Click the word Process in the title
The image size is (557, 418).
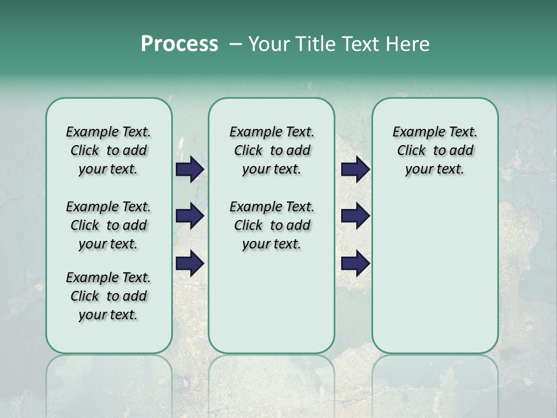[179, 44]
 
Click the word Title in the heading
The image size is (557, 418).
[314, 44]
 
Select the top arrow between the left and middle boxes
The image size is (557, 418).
[190, 170]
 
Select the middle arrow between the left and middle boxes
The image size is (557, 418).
[190, 216]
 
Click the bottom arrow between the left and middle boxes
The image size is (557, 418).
[190, 263]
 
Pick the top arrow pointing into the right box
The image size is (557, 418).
[356, 170]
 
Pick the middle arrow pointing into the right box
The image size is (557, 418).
[356, 216]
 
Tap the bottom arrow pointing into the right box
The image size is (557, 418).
[356, 263]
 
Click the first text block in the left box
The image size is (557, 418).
[108, 150]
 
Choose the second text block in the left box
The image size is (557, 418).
[108, 225]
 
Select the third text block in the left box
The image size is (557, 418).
[108, 296]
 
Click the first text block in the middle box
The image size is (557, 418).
[272, 150]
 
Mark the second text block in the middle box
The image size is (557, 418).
[272, 225]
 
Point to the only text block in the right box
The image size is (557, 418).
[435, 150]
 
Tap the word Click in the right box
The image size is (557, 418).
[411, 151]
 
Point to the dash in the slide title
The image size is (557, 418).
[236, 44]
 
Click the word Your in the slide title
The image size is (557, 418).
[268, 44]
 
